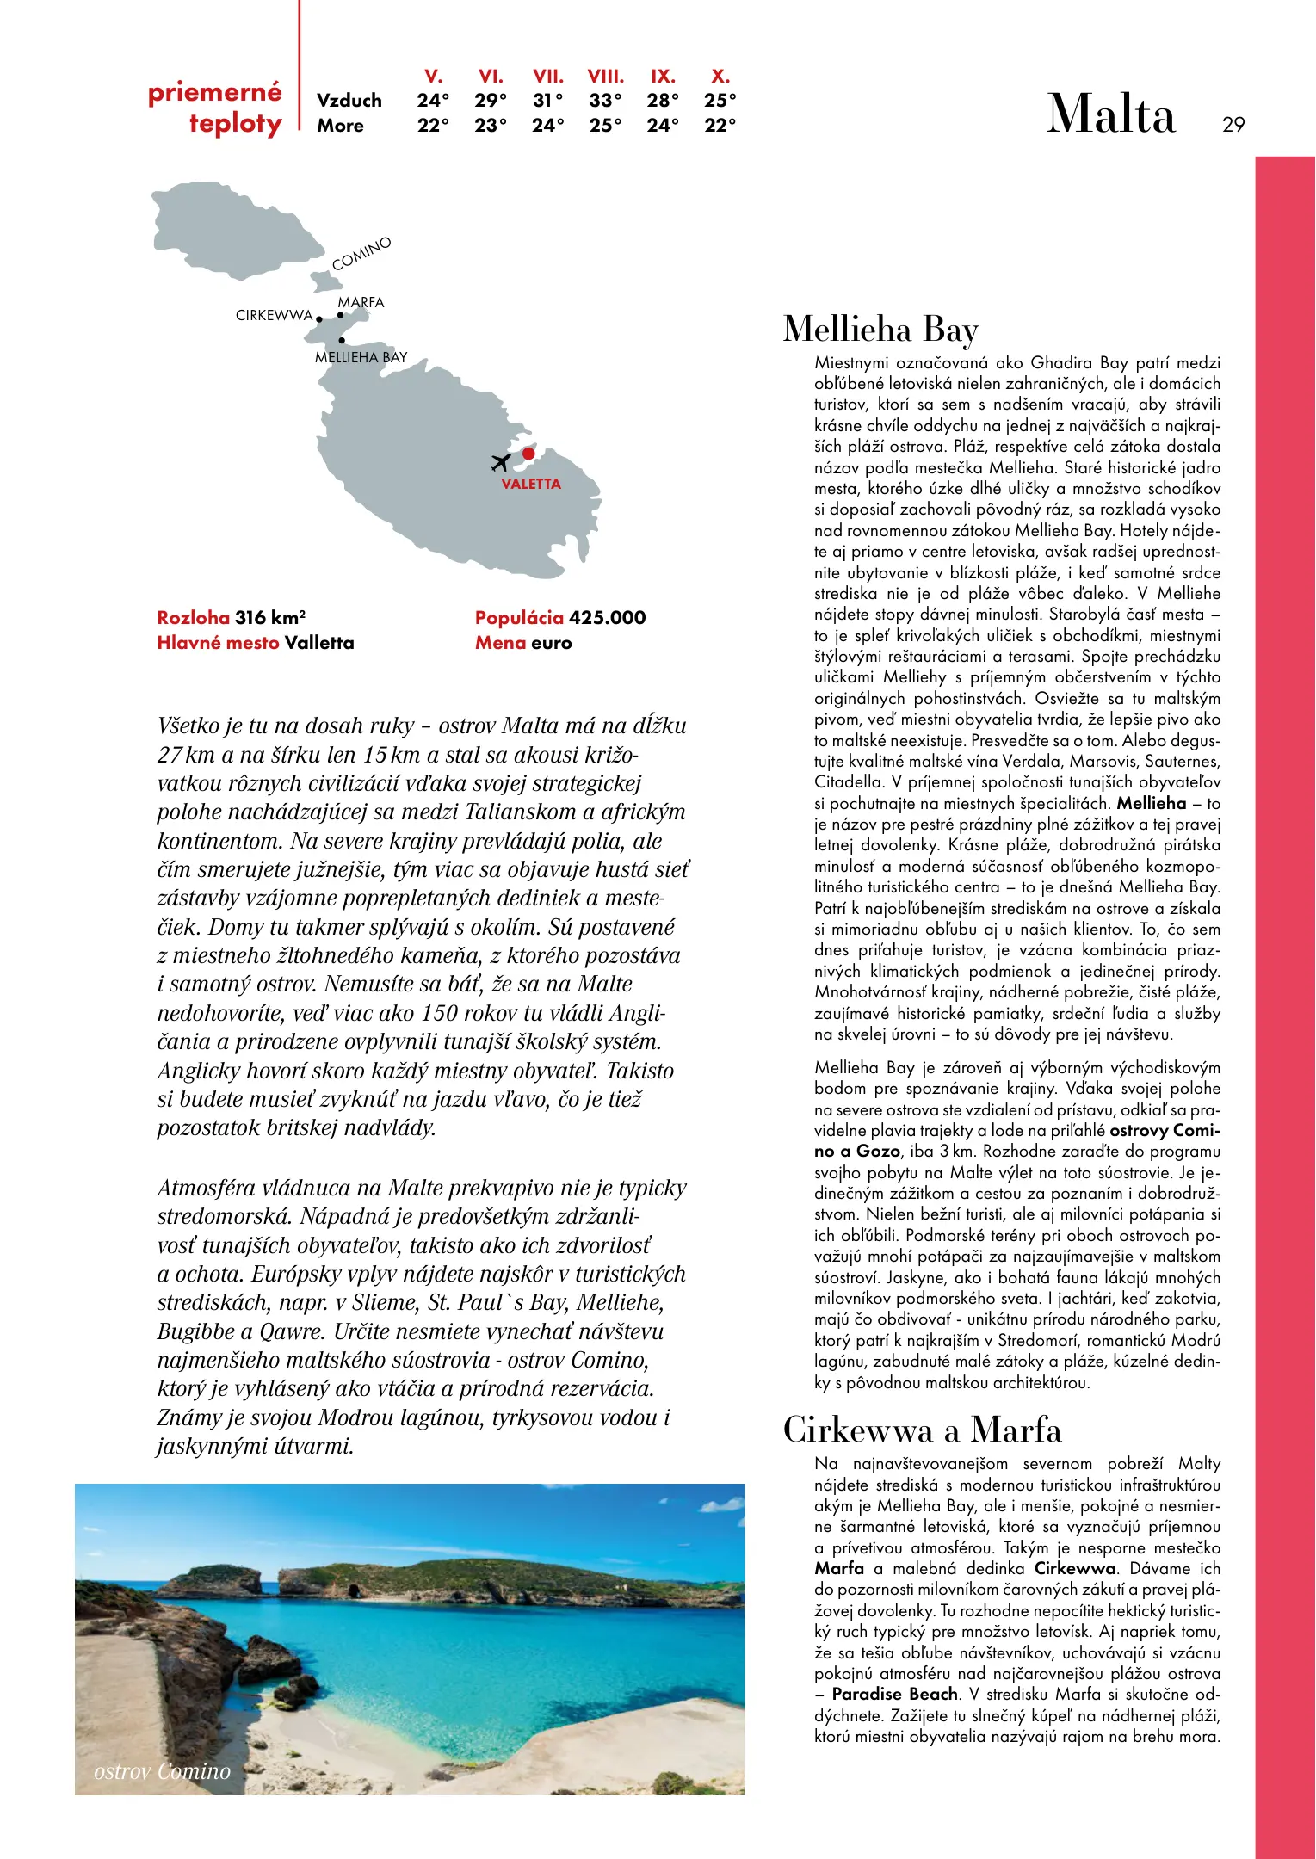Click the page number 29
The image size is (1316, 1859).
1233,125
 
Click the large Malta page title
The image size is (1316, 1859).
1110,114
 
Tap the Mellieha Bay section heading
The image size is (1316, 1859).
880,330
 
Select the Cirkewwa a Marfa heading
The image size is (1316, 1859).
922,1430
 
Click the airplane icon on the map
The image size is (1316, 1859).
500,462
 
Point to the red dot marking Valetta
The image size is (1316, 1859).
528,454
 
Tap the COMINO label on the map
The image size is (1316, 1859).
361,253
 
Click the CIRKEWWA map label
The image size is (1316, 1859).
274,316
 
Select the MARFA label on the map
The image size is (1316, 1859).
361,302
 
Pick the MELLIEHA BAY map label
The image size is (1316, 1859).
361,357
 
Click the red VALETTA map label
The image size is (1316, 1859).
530,484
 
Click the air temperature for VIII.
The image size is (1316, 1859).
605,101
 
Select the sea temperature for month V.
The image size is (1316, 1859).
433,126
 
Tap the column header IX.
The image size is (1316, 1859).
662,76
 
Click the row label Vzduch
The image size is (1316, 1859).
349,101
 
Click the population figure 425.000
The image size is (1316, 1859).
607,617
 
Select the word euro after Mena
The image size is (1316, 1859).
551,643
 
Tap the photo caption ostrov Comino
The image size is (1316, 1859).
162,1771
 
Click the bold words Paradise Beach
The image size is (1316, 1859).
894,1694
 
